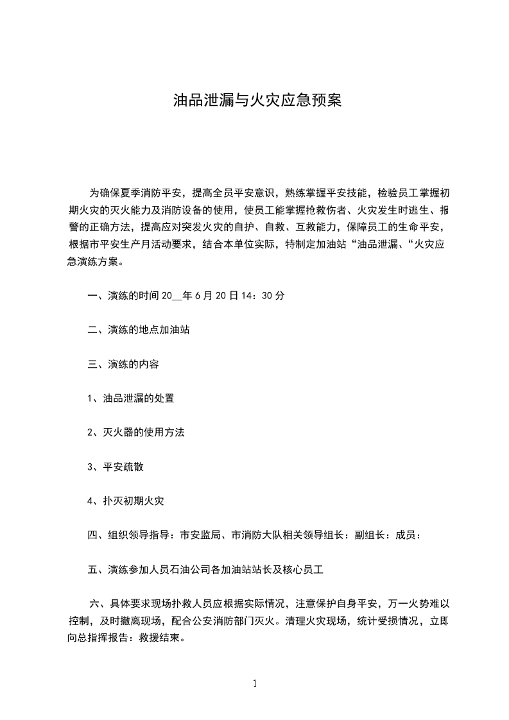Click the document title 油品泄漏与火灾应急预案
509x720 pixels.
click(x=257, y=101)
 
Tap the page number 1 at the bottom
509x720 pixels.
click(x=255, y=683)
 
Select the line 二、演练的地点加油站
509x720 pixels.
click(x=137, y=330)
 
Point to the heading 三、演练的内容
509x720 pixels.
click(x=123, y=364)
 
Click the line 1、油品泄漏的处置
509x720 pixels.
click(x=130, y=398)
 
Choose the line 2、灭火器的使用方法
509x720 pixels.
click(x=135, y=433)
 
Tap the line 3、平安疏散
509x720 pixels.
click(x=115, y=467)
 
